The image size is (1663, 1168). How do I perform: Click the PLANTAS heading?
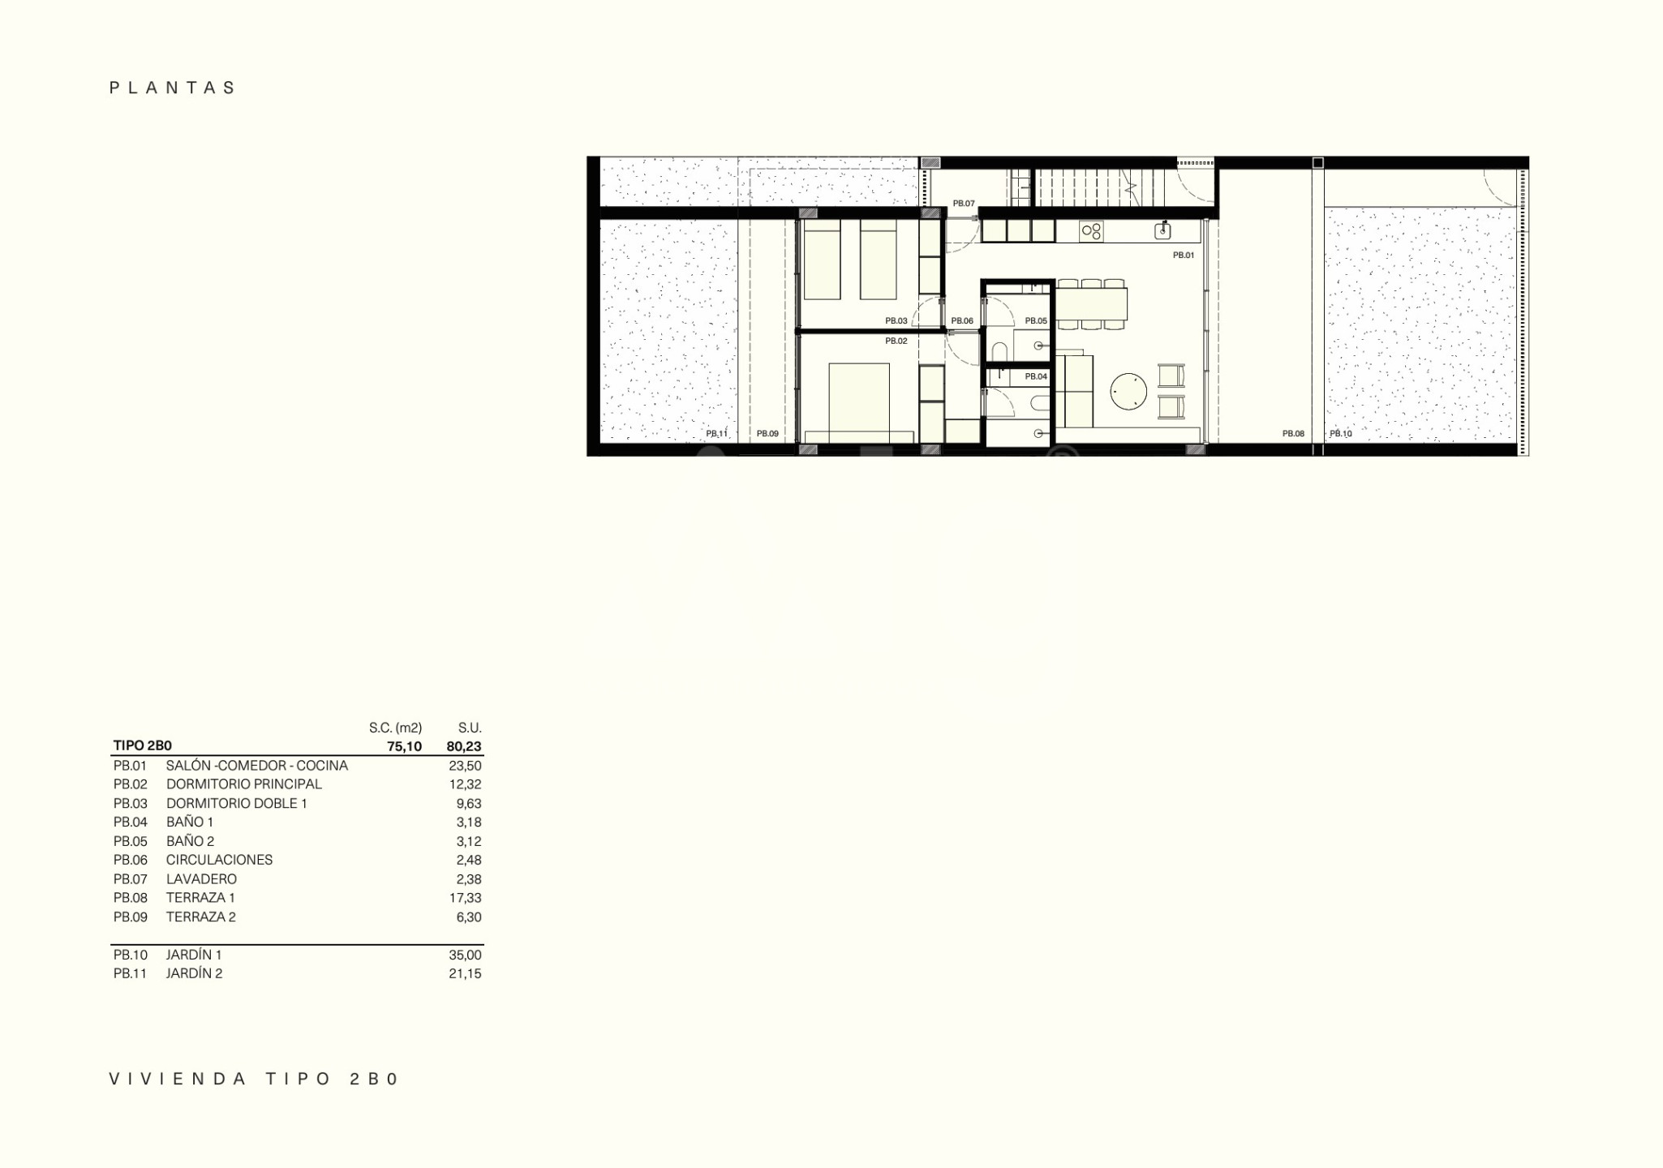(172, 88)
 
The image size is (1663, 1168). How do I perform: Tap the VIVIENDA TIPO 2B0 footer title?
(255, 1079)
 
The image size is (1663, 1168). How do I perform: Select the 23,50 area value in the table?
(465, 766)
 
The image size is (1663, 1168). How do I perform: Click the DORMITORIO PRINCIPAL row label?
(243, 784)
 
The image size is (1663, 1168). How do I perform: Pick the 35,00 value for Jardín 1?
(465, 955)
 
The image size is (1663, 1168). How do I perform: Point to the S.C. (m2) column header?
(395, 728)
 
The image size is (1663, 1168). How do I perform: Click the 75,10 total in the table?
(404, 746)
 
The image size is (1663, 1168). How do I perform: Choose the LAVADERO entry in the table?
(201, 879)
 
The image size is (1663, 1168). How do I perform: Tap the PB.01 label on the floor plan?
(1184, 255)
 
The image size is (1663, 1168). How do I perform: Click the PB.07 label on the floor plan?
(964, 204)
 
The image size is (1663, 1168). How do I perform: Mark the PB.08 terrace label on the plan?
(1293, 434)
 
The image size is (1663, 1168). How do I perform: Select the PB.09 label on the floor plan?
(767, 434)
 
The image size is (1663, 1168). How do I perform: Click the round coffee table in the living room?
(1128, 392)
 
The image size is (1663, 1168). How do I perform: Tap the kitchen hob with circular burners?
(1091, 231)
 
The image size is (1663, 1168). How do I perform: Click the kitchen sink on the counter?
(1162, 231)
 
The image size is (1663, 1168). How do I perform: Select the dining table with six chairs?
(1091, 304)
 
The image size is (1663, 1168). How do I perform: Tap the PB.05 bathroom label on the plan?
(1036, 321)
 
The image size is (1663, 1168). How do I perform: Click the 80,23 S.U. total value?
(464, 746)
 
